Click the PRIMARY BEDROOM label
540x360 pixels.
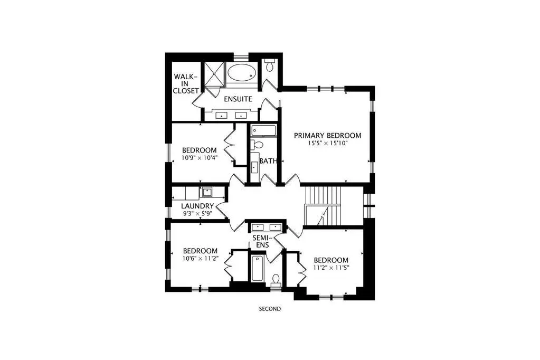point(327,136)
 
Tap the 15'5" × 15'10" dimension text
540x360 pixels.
point(328,143)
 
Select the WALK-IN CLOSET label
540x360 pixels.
point(186,84)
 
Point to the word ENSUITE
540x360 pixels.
point(238,99)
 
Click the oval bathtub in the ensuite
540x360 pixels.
point(241,72)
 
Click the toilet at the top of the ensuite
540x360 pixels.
point(269,64)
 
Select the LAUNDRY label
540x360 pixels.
point(197,206)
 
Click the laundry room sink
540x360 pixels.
point(207,192)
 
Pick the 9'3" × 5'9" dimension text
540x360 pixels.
point(197,214)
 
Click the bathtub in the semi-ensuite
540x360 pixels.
point(257,268)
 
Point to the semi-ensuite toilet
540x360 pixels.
point(276,280)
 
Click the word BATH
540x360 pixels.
point(268,161)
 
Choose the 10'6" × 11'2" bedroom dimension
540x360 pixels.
point(200,258)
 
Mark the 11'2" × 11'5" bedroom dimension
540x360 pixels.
point(331,268)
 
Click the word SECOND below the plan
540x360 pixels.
point(270,309)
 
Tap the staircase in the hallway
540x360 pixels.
point(323,206)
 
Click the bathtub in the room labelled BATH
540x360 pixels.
point(264,131)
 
